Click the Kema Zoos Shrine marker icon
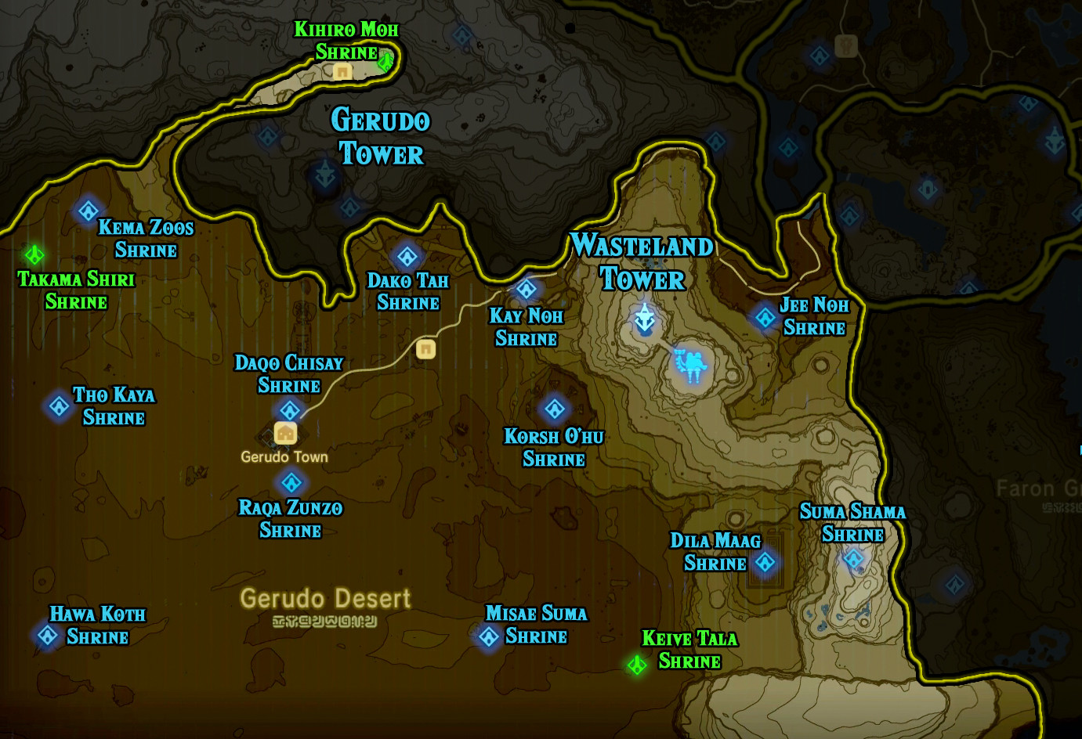(88, 211)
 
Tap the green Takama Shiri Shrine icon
(34, 254)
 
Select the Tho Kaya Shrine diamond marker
(59, 406)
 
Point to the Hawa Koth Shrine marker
(47, 636)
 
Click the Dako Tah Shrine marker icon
(407, 256)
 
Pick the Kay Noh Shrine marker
(527, 289)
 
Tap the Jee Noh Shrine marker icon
(765, 317)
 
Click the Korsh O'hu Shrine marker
(555, 408)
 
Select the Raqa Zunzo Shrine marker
(291, 482)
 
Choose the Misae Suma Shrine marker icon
(489, 636)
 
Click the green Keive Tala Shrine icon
(637, 665)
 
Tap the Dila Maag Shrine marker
(765, 562)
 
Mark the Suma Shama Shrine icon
(853, 559)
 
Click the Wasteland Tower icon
(645, 319)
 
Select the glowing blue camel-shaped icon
(691, 364)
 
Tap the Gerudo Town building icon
(285, 433)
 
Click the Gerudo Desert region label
(325, 599)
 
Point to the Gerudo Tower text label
(381, 137)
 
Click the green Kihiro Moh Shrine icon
(385, 61)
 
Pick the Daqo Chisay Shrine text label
(289, 373)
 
